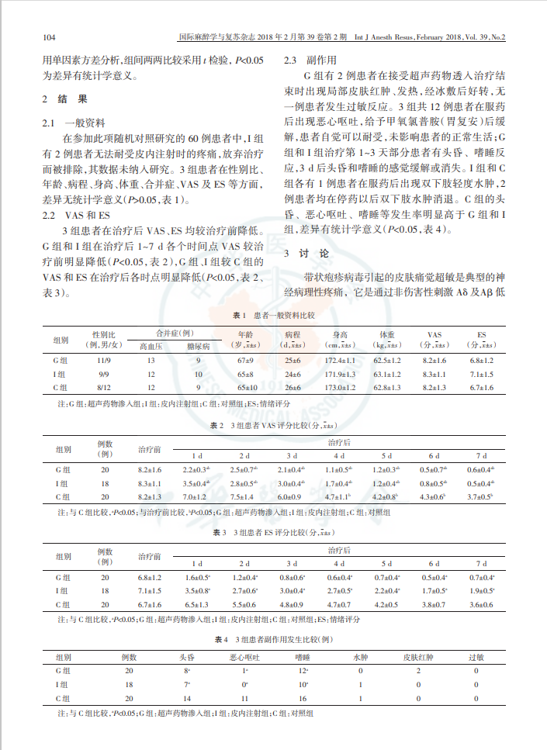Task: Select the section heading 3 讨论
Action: pyautogui.click(x=307, y=254)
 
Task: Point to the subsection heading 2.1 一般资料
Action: pyautogui.click(x=74, y=124)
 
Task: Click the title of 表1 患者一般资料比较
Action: pyautogui.click(x=273, y=316)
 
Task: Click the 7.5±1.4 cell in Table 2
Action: pyautogui.click(x=244, y=496)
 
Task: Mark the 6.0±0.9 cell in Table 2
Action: pyautogui.click(x=290, y=496)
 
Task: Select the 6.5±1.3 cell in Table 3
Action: pyautogui.click(x=197, y=604)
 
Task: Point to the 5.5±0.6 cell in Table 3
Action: pyautogui.click(x=244, y=604)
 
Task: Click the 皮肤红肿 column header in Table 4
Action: pyautogui.click(x=418, y=657)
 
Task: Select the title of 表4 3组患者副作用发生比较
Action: pyautogui.click(x=273, y=640)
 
